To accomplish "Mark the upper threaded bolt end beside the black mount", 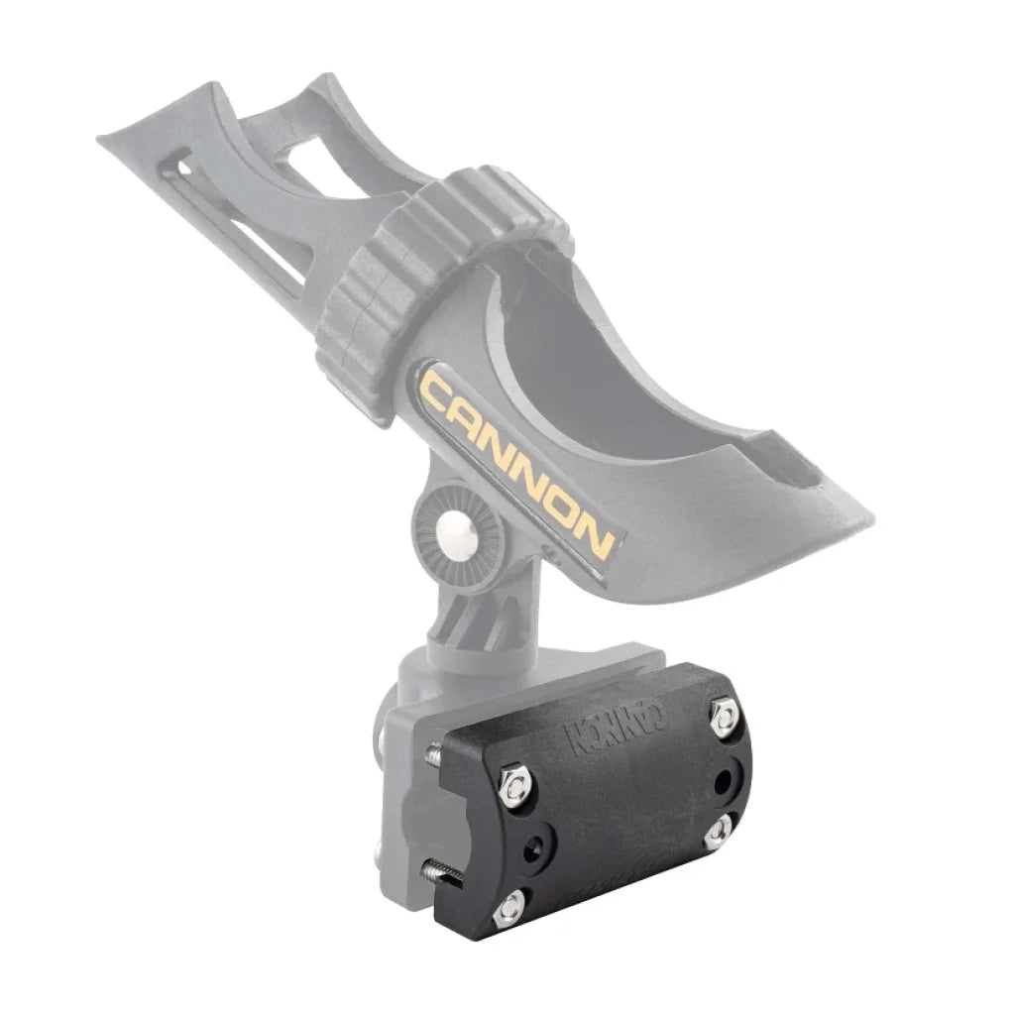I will (x=433, y=756).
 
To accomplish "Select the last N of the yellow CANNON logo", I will (x=596, y=534).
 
